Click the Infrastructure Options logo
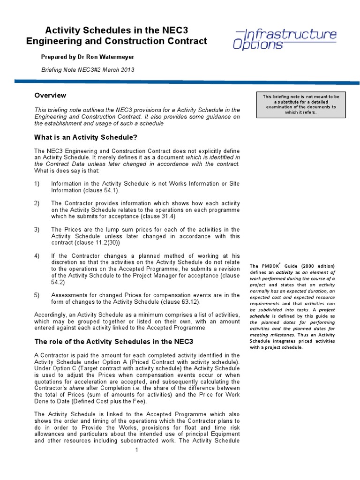[285, 39]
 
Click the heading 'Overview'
[50, 96]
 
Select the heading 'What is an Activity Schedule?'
[86, 137]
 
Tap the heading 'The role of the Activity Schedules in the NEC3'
[113, 341]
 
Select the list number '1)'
[37, 184]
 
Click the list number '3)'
[37, 230]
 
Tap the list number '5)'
[37, 295]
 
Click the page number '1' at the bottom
[136, 450]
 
